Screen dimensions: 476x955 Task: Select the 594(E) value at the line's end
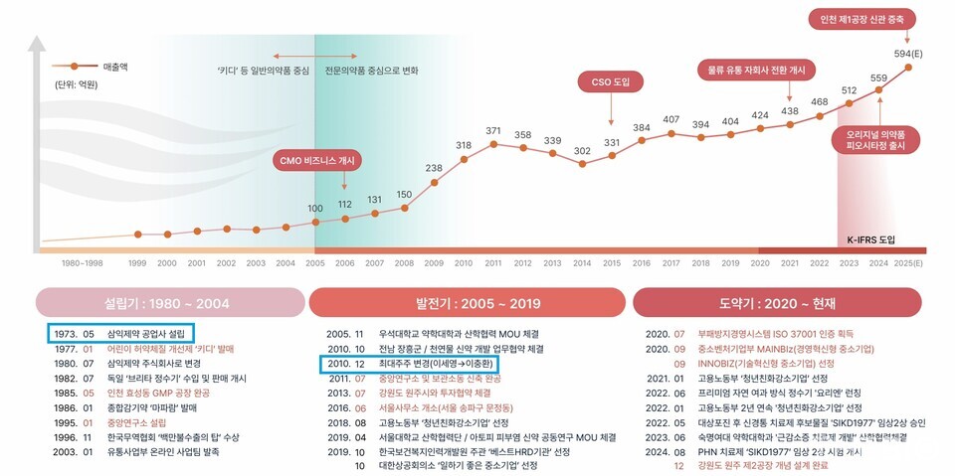[x=906, y=54]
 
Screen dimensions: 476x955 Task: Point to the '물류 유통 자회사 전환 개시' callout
[x=755, y=72]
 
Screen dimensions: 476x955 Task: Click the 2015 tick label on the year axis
[x=612, y=262]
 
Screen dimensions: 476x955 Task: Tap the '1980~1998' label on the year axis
[x=82, y=262]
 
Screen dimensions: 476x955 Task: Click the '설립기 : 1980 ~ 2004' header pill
[x=170, y=302]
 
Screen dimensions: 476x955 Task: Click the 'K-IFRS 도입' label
[x=871, y=240]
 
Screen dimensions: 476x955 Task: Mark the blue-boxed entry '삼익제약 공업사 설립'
[x=119, y=334]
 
